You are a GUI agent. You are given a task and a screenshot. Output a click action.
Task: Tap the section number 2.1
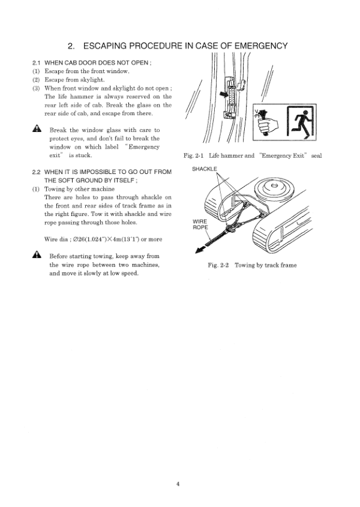37,62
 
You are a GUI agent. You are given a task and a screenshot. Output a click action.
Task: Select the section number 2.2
37,172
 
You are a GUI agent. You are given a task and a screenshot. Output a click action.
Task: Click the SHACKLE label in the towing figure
205,169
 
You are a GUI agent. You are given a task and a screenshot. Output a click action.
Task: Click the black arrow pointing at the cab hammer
225,95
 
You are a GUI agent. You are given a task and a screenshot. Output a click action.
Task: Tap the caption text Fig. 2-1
195,156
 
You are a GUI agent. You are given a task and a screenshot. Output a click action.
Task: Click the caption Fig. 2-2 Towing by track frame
252,265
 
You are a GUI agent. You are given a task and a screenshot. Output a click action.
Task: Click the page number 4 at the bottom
178,484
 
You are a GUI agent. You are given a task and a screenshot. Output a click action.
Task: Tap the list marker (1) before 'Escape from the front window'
35,71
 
